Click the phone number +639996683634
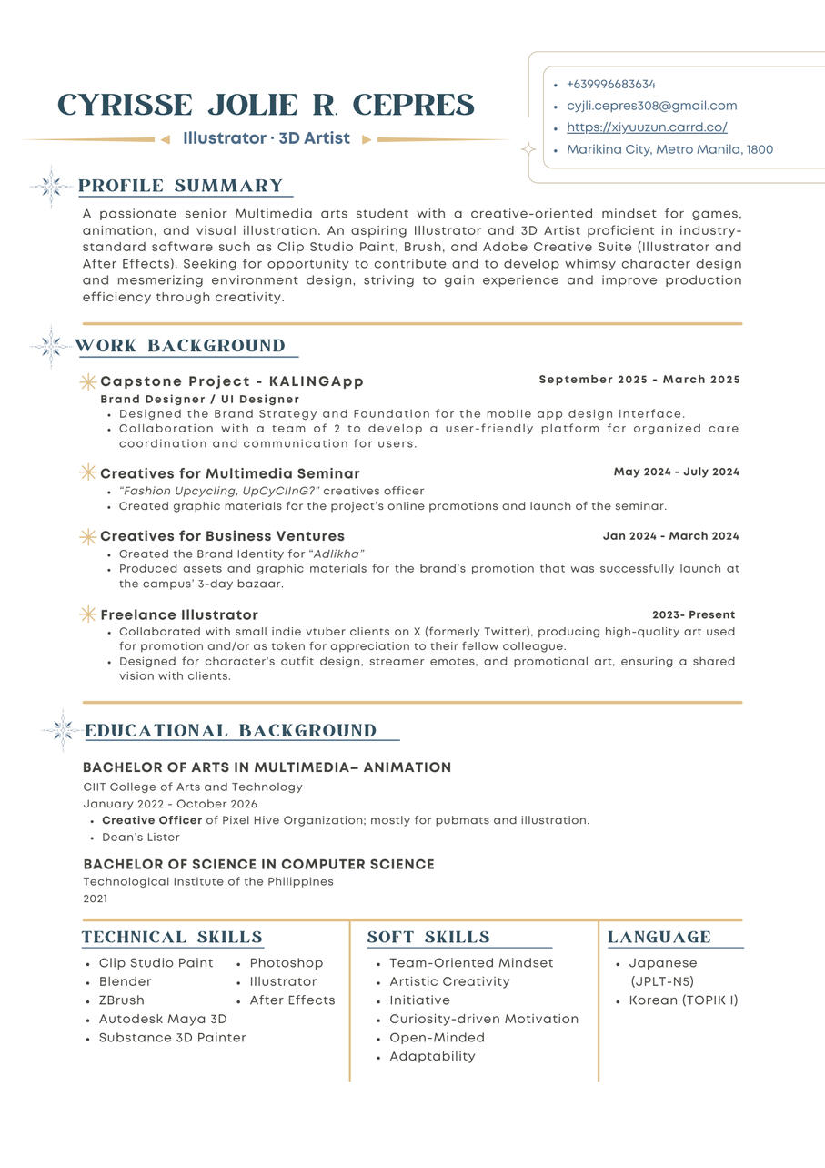click(610, 84)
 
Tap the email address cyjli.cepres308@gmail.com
click(651, 106)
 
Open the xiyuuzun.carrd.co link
click(647, 127)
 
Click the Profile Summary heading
click(181, 186)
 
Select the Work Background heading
click(180, 346)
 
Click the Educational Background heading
click(231, 731)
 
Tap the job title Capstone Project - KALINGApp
click(232, 381)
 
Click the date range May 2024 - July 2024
click(676, 472)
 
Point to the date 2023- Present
click(693, 614)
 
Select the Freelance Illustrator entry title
click(179, 615)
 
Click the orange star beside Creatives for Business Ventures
click(88, 536)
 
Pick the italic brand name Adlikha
click(338, 554)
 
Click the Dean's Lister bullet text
click(141, 838)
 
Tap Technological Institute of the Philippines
click(208, 881)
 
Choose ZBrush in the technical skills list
click(122, 1000)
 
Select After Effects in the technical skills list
click(292, 1000)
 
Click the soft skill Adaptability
click(432, 1057)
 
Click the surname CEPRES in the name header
click(413, 106)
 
